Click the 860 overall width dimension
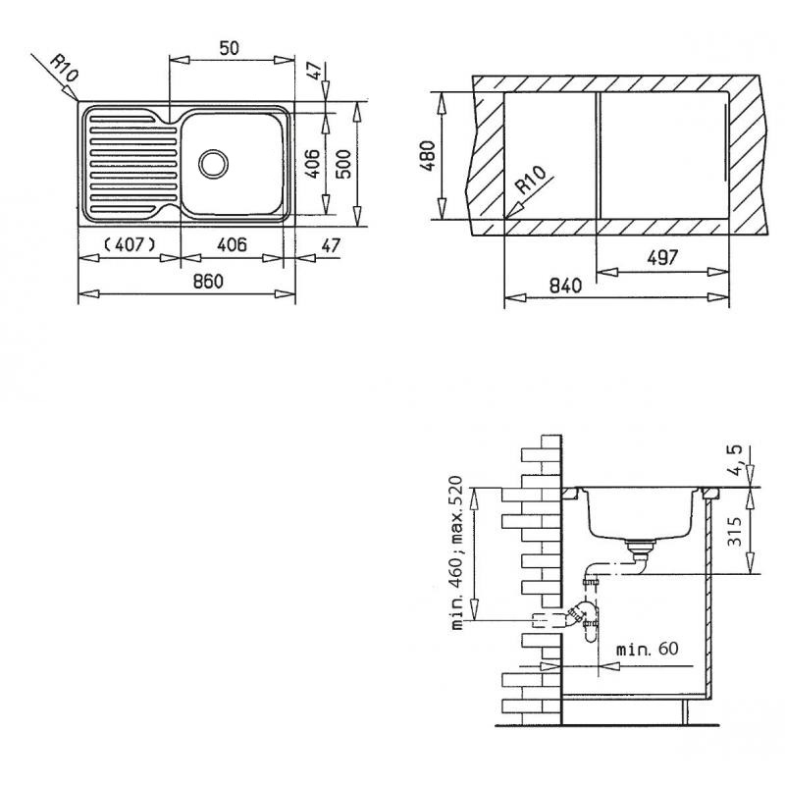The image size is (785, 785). point(208,282)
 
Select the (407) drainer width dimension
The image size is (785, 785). point(131,244)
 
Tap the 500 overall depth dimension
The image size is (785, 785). point(342,164)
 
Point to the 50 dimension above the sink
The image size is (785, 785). point(230,48)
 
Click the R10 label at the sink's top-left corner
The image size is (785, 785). point(65,69)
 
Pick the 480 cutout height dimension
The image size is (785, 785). point(429,156)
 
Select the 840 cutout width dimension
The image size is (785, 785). point(566,286)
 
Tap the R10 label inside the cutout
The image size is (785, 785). point(531,181)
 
